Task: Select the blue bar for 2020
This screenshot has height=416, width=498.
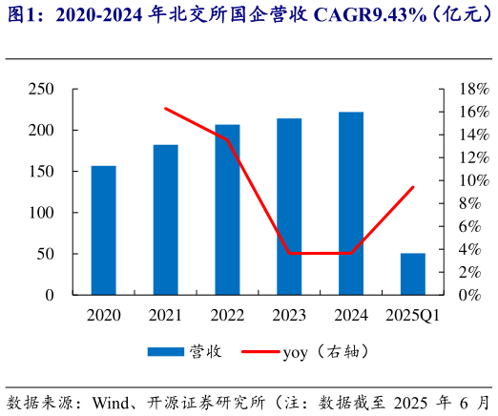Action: click(x=104, y=230)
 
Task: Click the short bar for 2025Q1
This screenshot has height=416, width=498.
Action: click(x=413, y=274)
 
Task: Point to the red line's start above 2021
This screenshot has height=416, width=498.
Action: click(x=165, y=108)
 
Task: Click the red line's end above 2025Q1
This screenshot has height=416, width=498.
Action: click(x=413, y=187)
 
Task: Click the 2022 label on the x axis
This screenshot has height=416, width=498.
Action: click(x=227, y=315)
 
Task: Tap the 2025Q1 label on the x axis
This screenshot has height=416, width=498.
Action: click(x=412, y=315)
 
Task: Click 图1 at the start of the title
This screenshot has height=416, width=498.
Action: click(x=20, y=15)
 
